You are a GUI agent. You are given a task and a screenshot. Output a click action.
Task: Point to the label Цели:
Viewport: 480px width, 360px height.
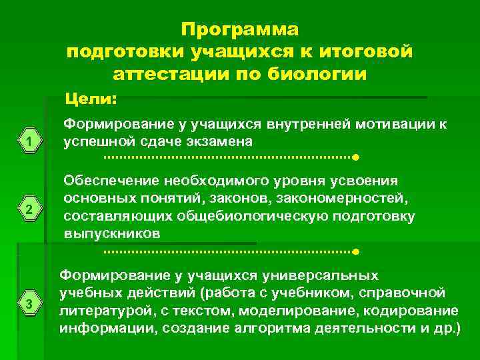tap(91, 99)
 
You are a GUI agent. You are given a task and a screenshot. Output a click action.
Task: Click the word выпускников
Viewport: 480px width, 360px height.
tap(111, 234)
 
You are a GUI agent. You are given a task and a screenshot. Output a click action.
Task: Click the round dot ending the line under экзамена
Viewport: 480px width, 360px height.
tap(356, 158)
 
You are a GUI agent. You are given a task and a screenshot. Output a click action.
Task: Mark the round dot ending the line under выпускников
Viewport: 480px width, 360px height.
tap(356, 253)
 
